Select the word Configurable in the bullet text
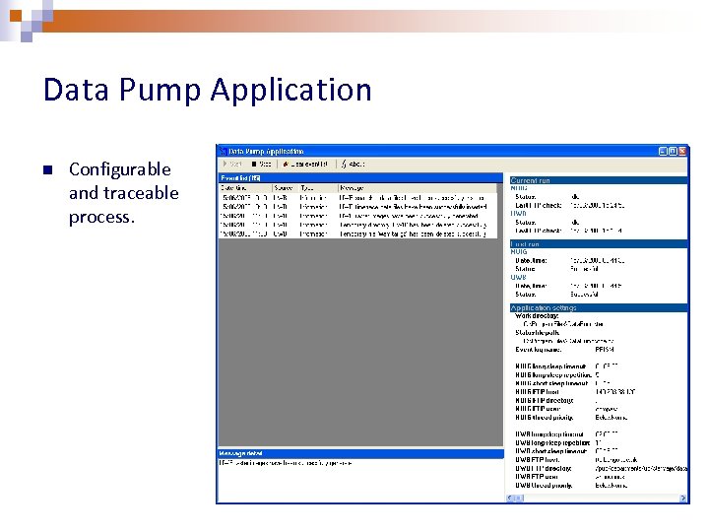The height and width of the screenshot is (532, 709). (119, 169)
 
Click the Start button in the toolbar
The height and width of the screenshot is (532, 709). (232, 165)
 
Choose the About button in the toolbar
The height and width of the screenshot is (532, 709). (352, 165)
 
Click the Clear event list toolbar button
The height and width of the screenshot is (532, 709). (303, 165)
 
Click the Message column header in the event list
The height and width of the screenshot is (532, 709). (352, 187)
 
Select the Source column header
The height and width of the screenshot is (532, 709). (283, 187)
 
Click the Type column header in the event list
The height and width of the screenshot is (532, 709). (307, 187)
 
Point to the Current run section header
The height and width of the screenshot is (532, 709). (532, 179)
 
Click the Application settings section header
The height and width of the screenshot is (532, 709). (544, 308)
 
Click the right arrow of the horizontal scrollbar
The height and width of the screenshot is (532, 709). (684, 498)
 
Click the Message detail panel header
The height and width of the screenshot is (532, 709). (241, 454)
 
